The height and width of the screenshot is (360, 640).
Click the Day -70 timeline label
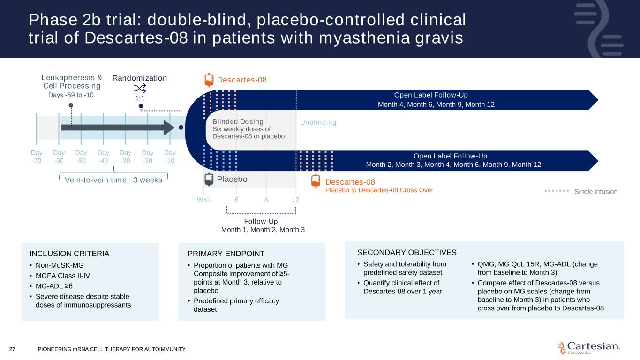click(x=37, y=157)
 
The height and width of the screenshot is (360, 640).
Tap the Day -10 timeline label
click(x=170, y=157)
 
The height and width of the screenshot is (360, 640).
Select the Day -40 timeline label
click(x=103, y=157)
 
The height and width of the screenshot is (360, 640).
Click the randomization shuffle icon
click(x=140, y=89)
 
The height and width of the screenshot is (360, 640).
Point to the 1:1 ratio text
click(x=140, y=98)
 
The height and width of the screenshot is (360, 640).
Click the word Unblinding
click(x=318, y=122)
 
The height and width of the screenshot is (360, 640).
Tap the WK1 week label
click(x=204, y=200)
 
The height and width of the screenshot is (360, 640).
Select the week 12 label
click(x=295, y=200)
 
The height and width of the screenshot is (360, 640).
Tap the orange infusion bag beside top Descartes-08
click(x=209, y=80)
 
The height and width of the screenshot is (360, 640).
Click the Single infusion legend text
click(x=596, y=191)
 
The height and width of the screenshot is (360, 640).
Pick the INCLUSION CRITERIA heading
click(x=69, y=254)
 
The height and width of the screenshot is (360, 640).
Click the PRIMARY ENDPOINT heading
click(x=226, y=254)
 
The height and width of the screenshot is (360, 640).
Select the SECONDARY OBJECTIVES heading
click(x=407, y=252)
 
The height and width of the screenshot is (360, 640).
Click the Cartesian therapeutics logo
click(x=589, y=347)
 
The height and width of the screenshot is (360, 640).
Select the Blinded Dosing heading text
click(x=238, y=121)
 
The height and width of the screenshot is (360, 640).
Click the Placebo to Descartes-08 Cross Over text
click(x=379, y=190)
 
